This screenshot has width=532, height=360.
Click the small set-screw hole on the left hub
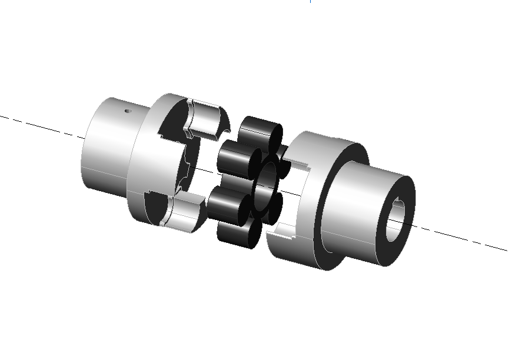point(128,110)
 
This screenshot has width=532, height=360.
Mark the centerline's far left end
point(2,116)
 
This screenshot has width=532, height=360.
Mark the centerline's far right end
point(506,251)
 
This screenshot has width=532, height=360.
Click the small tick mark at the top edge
point(310,2)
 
